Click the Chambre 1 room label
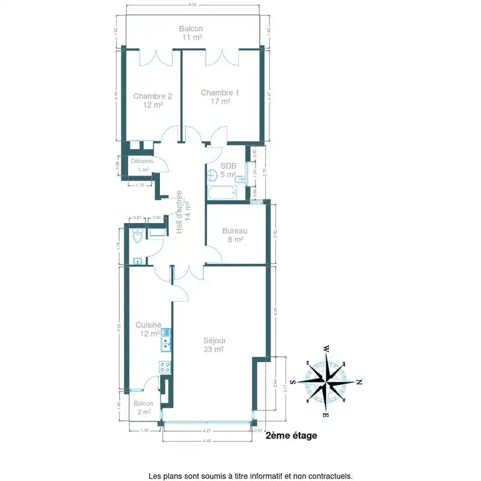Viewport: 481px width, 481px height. tap(219, 93)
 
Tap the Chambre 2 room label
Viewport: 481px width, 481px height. tap(153, 96)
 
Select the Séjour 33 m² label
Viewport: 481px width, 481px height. tap(214, 340)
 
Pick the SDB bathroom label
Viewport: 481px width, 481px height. tap(228, 167)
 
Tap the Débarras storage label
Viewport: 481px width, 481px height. tap(142, 161)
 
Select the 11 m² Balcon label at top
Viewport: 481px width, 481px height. tap(191, 29)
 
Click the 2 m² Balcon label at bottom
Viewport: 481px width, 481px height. tap(144, 403)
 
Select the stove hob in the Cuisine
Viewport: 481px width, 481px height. tap(165, 367)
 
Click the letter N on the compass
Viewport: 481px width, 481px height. tap(359, 382)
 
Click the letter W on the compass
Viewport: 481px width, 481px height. tap(326, 349)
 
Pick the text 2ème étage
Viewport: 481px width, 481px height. tap(291, 436)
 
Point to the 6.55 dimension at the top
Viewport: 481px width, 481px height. tap(192, 5)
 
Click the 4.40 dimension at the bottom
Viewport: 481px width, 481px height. tap(206, 441)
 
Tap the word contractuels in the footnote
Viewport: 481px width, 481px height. tap(329, 476)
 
